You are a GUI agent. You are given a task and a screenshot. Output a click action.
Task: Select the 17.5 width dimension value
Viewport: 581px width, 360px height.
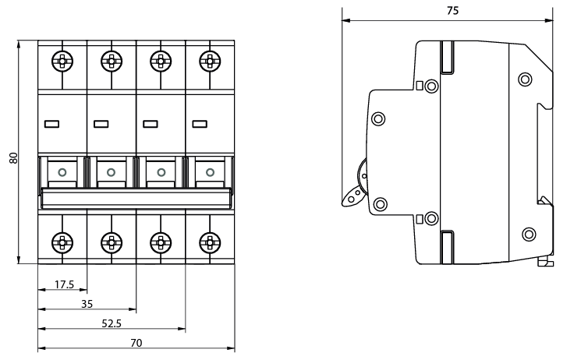click(64, 284)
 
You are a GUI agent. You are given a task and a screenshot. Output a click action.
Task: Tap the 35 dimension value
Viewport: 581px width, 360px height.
click(87, 304)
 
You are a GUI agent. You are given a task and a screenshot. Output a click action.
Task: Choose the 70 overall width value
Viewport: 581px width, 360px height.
click(136, 342)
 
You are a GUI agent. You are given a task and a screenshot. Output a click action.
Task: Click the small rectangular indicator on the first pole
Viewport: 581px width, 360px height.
click(52, 123)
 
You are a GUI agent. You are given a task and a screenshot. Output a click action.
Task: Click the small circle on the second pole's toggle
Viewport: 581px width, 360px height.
click(112, 171)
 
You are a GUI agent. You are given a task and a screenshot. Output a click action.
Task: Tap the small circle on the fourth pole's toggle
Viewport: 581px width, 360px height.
click(209, 171)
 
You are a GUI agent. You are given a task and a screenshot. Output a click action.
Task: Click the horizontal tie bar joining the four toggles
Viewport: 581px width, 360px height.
click(136, 198)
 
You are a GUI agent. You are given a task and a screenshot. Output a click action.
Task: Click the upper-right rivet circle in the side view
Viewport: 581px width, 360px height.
click(524, 78)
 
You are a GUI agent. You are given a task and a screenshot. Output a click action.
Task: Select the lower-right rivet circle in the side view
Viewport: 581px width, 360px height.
click(528, 233)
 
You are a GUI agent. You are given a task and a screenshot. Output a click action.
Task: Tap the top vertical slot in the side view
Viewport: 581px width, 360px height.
click(448, 57)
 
